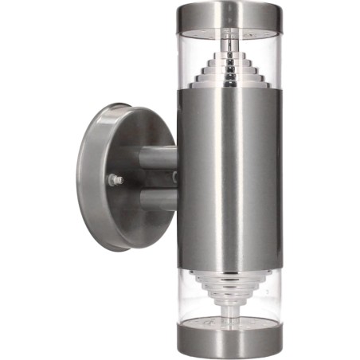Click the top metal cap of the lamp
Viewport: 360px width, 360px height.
(229, 14)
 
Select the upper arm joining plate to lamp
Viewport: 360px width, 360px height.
(158, 158)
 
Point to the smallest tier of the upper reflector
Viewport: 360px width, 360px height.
(229, 49)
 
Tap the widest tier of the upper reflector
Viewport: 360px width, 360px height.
(229, 83)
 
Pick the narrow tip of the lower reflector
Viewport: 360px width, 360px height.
(229, 307)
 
